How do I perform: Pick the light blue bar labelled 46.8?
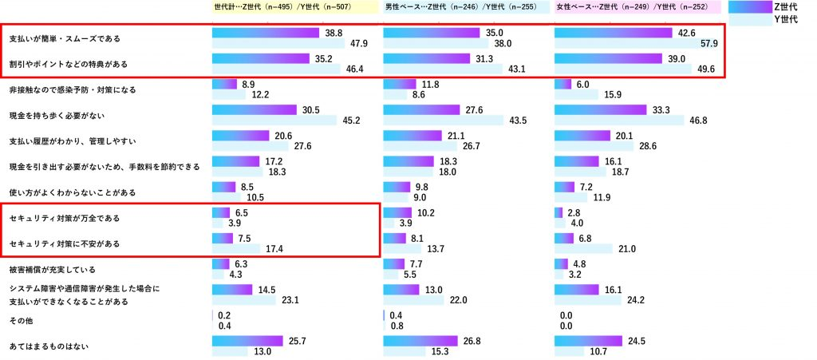point(619,120)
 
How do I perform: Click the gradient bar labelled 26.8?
point(420,340)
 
